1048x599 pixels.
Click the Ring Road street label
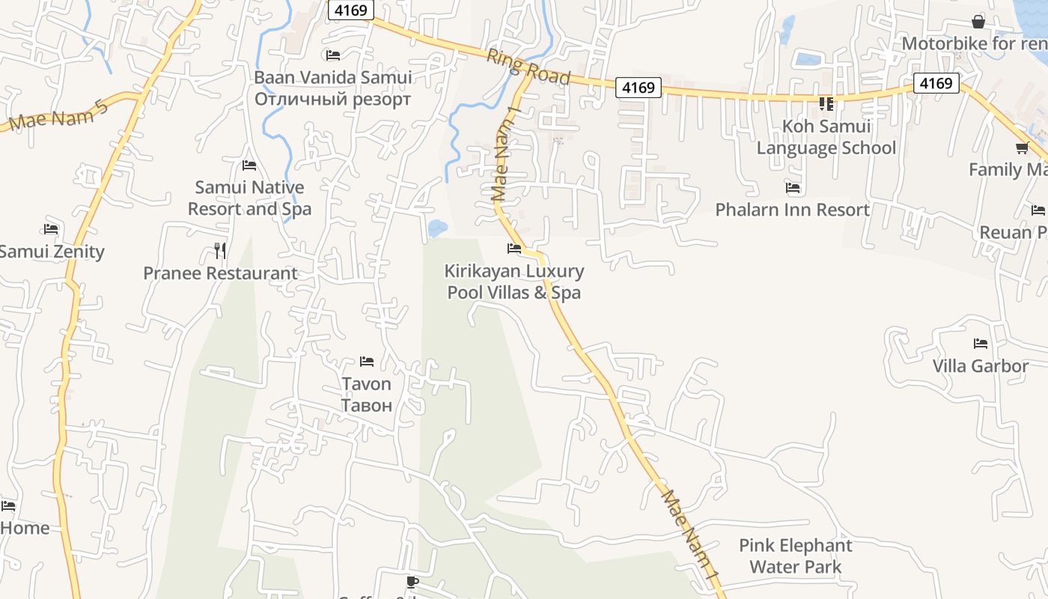[x=528, y=67]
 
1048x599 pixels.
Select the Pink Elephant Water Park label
[x=795, y=556]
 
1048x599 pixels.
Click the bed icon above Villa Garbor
[x=980, y=344]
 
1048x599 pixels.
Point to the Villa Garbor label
[x=980, y=366]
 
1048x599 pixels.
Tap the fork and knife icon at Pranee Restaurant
[x=219, y=250]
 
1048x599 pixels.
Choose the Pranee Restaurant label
[x=220, y=273]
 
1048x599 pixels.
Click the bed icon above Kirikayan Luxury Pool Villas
[x=514, y=248]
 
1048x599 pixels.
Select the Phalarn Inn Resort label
[x=792, y=210]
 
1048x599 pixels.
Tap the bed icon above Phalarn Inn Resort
[x=793, y=187]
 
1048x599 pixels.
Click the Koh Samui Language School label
[x=826, y=137]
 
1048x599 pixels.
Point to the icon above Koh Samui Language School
[x=826, y=103]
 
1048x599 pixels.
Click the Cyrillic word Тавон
[x=366, y=406]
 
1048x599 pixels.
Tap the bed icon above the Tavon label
[x=366, y=362]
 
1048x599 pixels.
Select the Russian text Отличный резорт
[x=332, y=99]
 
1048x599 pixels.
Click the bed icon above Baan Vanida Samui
[x=333, y=55]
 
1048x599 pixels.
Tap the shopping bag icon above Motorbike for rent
[x=978, y=22]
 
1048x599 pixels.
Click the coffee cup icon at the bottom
[x=412, y=581]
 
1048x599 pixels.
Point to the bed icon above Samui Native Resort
[x=249, y=165]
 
